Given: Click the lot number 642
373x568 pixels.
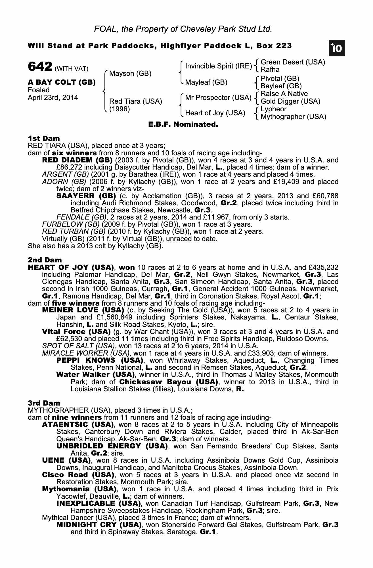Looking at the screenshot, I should click(x=40, y=67).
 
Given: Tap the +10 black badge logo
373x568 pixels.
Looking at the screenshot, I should click(x=336, y=49).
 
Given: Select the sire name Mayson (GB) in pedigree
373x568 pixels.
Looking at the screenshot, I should click(x=130, y=74).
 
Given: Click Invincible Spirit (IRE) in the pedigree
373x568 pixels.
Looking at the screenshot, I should click(x=218, y=66).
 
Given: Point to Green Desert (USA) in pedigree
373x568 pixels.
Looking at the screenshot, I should click(x=293, y=62).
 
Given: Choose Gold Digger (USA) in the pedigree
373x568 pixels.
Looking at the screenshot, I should click(x=290, y=101).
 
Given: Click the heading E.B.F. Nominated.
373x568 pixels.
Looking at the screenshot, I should click(x=183, y=124).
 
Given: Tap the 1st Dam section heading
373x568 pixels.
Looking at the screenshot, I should click(x=44, y=139).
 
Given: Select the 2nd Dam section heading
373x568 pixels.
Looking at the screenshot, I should click(x=45, y=260).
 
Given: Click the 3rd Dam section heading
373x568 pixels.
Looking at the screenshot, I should click(x=44, y=403).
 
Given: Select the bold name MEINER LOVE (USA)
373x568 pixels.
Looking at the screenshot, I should click(x=83, y=310).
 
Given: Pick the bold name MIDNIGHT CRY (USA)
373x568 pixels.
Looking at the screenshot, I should click(x=99, y=525).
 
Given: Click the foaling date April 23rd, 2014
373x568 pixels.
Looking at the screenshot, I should click(x=53, y=98).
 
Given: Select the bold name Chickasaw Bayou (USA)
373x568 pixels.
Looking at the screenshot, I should click(x=169, y=382).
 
